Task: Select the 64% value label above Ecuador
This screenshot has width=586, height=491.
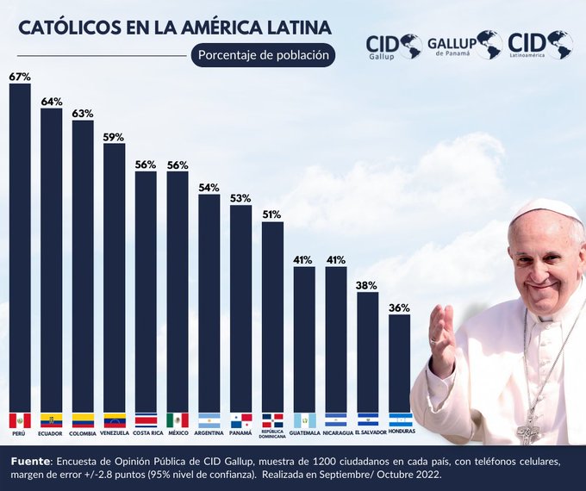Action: (52, 102)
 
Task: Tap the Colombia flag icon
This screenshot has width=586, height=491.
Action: (83, 420)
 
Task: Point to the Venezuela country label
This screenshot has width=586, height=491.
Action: (115, 433)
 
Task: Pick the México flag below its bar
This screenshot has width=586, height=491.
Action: (178, 420)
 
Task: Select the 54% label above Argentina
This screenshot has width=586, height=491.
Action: (209, 187)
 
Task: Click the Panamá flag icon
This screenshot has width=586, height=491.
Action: (241, 420)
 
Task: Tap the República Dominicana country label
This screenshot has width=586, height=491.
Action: (273, 436)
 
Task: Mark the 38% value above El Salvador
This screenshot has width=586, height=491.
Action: (368, 285)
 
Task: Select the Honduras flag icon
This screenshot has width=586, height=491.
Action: (399, 420)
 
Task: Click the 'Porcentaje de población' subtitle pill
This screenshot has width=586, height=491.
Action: (263, 54)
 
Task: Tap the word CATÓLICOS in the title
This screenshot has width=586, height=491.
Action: (71, 28)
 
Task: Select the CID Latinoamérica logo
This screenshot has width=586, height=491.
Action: (539, 45)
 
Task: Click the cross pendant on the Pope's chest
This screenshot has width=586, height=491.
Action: (527, 428)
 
